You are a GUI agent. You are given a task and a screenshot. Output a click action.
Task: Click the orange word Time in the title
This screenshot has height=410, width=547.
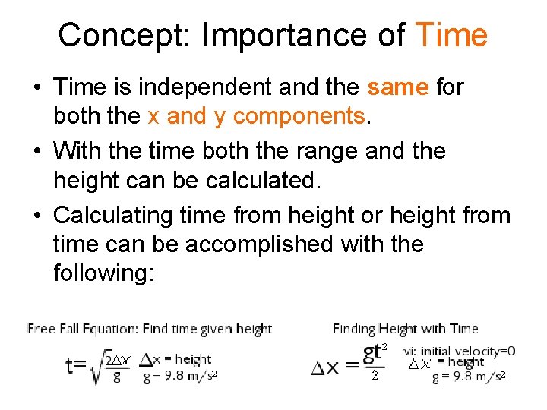pos(452,35)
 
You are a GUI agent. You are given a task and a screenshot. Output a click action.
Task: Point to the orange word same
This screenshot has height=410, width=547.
pos(399,87)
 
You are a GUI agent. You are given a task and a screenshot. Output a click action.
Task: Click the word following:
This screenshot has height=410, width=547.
pos(103,273)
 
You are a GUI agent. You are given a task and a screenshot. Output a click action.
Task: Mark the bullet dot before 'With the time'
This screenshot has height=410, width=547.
pos(36,151)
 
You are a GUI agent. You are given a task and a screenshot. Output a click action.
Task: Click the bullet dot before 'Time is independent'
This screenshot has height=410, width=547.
pos(36,88)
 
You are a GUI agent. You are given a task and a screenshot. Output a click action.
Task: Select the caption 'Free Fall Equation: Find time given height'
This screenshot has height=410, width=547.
pos(150,329)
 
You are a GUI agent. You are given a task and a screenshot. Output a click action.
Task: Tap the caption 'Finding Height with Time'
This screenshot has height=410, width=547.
pos(406,329)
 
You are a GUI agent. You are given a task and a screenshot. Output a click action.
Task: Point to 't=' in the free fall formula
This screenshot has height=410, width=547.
pos(77,366)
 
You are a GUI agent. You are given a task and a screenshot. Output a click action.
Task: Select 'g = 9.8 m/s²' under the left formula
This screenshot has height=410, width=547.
pos(181,375)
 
